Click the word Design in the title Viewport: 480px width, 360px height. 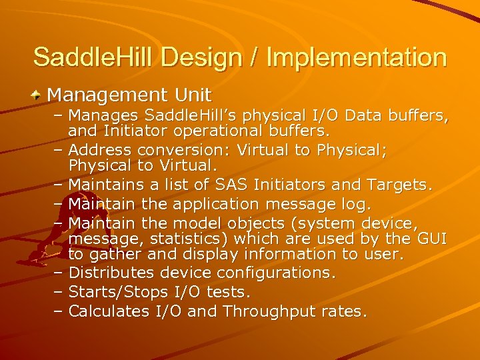tap(199, 57)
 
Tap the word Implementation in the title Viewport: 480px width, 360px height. tap(356, 57)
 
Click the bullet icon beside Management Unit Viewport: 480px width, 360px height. tap(37, 95)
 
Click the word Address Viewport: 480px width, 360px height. tap(98, 151)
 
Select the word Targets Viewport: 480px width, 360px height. tap(399, 184)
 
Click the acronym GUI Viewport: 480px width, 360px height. tap(431, 238)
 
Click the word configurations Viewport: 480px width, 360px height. tap(280, 273)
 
